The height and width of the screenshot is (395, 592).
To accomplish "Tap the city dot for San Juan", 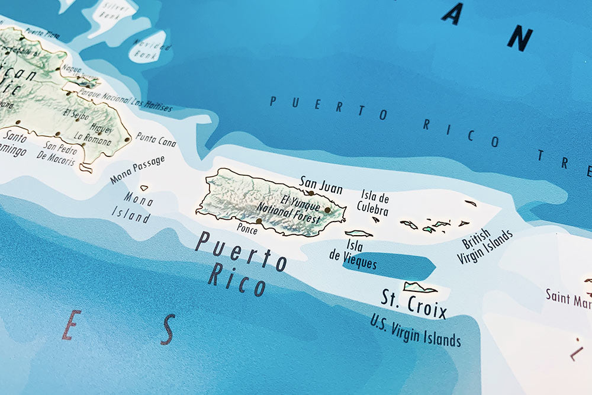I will tap(311, 193).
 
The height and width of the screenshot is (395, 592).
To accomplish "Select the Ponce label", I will tap(247, 229).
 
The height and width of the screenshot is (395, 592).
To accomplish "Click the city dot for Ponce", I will tap(259, 221).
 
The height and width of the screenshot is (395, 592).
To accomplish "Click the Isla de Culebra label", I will tap(373, 203).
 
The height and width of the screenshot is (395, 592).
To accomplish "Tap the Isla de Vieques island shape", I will tap(359, 233).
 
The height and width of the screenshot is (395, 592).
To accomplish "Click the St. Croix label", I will tap(413, 303).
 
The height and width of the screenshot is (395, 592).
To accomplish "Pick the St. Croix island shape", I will tap(420, 288).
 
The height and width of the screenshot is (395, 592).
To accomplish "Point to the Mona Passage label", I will tap(137, 170).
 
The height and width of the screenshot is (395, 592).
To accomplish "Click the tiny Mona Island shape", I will tap(144, 188).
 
